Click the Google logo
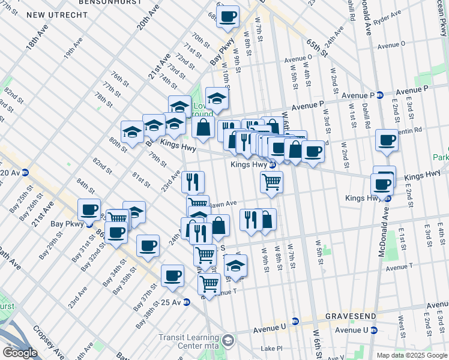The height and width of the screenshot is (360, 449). (x=20, y=352)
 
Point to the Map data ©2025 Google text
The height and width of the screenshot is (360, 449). (x=411, y=355)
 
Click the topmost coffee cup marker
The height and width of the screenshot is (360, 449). (x=228, y=17)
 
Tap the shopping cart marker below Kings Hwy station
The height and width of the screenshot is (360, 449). (x=271, y=182)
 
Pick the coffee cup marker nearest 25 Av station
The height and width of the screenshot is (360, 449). (x=172, y=275)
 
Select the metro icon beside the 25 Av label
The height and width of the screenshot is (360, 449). (x=187, y=302)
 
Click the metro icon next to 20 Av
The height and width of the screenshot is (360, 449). (x=25, y=173)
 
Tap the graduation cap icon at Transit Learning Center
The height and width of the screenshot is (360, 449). (x=228, y=341)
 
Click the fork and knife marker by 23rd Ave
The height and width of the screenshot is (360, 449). (x=193, y=181)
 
